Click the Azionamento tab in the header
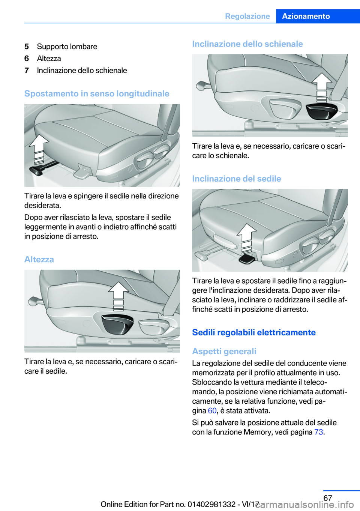tap(306, 16)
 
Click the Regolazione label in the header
tap(247, 16)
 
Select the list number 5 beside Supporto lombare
tap(27, 47)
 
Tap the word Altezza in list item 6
tap(49, 59)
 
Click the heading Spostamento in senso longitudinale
tap(97, 93)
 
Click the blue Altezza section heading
tap(39, 259)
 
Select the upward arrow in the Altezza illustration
tap(118, 295)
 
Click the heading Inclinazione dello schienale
tap(247, 44)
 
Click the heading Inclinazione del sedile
tap(236, 179)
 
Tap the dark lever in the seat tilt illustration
tap(247, 259)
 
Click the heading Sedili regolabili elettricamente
tap(253, 332)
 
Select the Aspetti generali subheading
tap(224, 351)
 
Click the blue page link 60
tap(212, 410)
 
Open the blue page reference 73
tap(318, 432)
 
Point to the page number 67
tap(328, 498)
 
